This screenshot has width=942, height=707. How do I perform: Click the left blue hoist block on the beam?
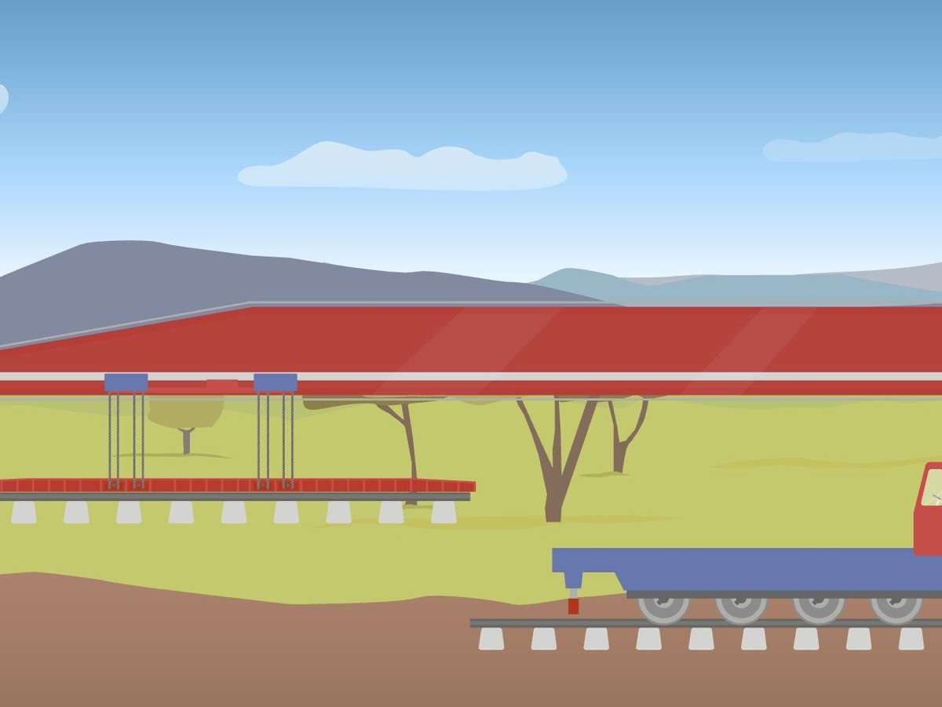126,383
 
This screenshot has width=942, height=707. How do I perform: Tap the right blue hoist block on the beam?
276,383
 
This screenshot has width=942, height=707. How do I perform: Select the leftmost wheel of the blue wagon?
663,607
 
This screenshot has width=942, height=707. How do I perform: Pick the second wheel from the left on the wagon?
741,607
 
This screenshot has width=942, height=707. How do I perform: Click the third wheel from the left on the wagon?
819,607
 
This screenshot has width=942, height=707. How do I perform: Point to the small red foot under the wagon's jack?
573,606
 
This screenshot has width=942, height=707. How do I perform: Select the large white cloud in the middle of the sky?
403,167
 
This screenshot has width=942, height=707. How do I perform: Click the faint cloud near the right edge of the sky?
852,147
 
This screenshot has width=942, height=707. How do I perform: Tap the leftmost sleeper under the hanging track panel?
24,512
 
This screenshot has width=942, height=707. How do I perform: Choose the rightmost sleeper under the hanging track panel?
444,512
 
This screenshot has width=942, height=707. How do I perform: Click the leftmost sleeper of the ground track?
491,639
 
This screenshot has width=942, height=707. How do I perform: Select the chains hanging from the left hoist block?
126,440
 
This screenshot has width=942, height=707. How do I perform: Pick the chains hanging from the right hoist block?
276,440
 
